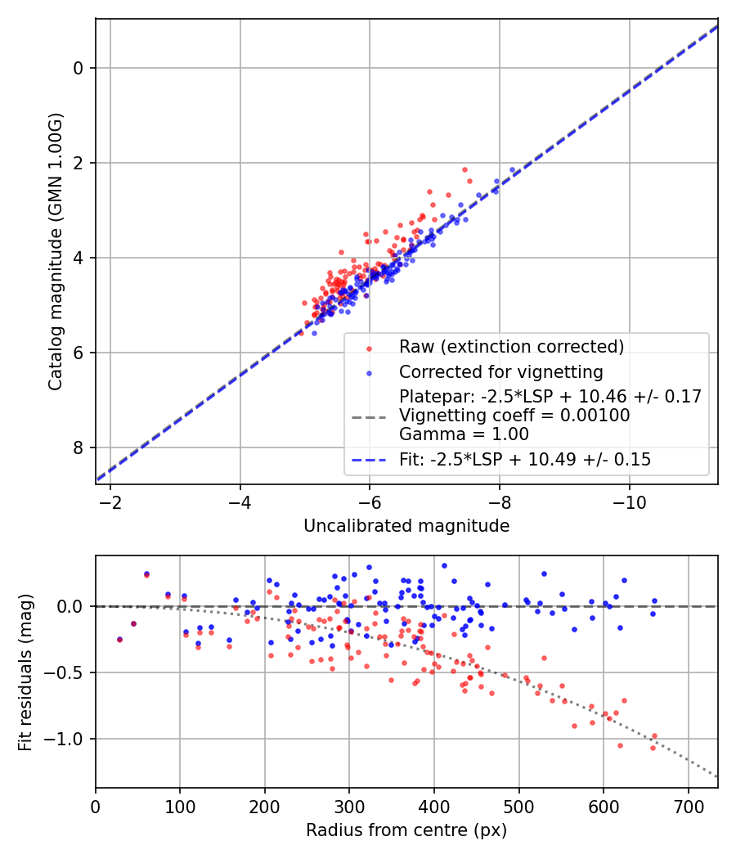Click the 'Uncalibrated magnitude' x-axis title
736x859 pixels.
click(x=406, y=526)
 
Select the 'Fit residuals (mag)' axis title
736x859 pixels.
click(x=25, y=671)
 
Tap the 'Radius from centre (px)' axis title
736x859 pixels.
click(x=406, y=830)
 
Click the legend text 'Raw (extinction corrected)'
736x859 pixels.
click(x=511, y=347)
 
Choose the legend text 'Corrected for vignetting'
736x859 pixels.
click(x=500, y=372)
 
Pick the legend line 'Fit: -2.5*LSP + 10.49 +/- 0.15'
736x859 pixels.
click(x=525, y=460)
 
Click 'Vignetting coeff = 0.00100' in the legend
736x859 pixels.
click(x=514, y=416)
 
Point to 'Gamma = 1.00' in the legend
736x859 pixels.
click(x=464, y=434)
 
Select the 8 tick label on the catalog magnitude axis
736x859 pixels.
click(x=79, y=447)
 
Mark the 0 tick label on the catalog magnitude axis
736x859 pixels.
click(x=79, y=68)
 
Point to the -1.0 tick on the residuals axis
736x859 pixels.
click(x=70, y=739)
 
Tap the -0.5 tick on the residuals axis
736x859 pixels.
click(x=70, y=672)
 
